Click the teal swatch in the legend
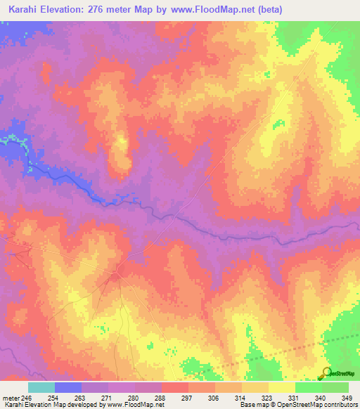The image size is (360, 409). click(x=41, y=387)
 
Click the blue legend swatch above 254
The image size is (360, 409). click(x=68, y=387)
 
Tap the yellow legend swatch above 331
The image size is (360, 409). click(x=281, y=387)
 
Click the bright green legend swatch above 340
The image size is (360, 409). click(x=308, y=387)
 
